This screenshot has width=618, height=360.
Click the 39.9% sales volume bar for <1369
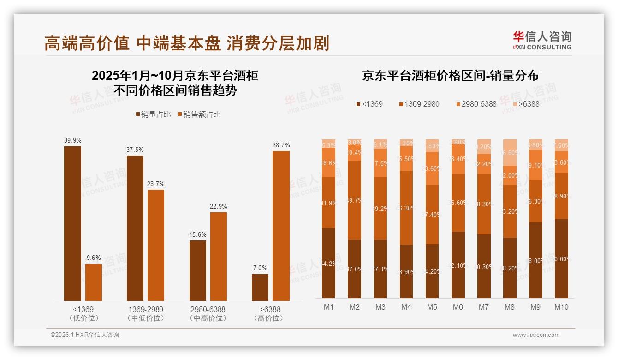coord(72,223)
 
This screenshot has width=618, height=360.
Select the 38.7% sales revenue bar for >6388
coord(281,226)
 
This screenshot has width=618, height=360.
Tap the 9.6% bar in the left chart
coord(94,282)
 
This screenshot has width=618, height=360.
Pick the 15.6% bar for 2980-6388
coord(198,270)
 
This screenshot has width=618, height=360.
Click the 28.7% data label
coord(156,184)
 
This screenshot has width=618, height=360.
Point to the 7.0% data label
coord(260,268)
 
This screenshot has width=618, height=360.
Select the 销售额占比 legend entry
coord(199,114)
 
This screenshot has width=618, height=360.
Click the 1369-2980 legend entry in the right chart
coord(419,104)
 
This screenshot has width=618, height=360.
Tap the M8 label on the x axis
coord(510,307)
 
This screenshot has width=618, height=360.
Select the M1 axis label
coord(328,307)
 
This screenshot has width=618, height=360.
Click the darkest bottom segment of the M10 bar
coord(561,258)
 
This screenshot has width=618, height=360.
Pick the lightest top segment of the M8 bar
coord(510,152)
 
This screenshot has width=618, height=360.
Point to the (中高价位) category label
coord(208,318)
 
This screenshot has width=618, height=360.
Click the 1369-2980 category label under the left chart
coord(145,309)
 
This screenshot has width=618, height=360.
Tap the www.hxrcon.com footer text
coord(536,335)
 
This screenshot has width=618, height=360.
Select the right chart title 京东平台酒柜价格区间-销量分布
coord(450,76)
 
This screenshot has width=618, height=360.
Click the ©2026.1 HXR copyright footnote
coord(85,335)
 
